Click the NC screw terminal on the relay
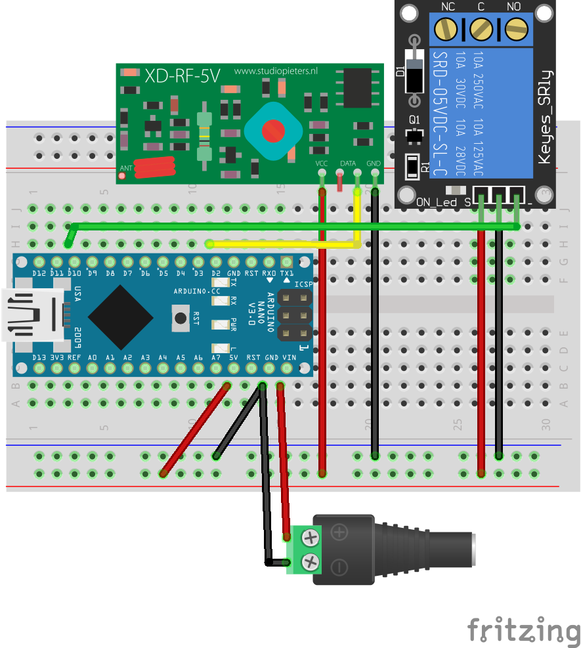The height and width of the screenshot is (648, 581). click(x=448, y=28)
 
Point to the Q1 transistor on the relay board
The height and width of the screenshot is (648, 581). click(x=414, y=136)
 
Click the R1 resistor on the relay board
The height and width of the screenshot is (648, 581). click(x=412, y=166)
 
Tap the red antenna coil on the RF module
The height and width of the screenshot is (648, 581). click(x=154, y=167)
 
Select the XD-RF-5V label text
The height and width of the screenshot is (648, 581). click(x=182, y=76)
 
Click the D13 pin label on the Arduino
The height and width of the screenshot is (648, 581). click(x=39, y=357)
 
